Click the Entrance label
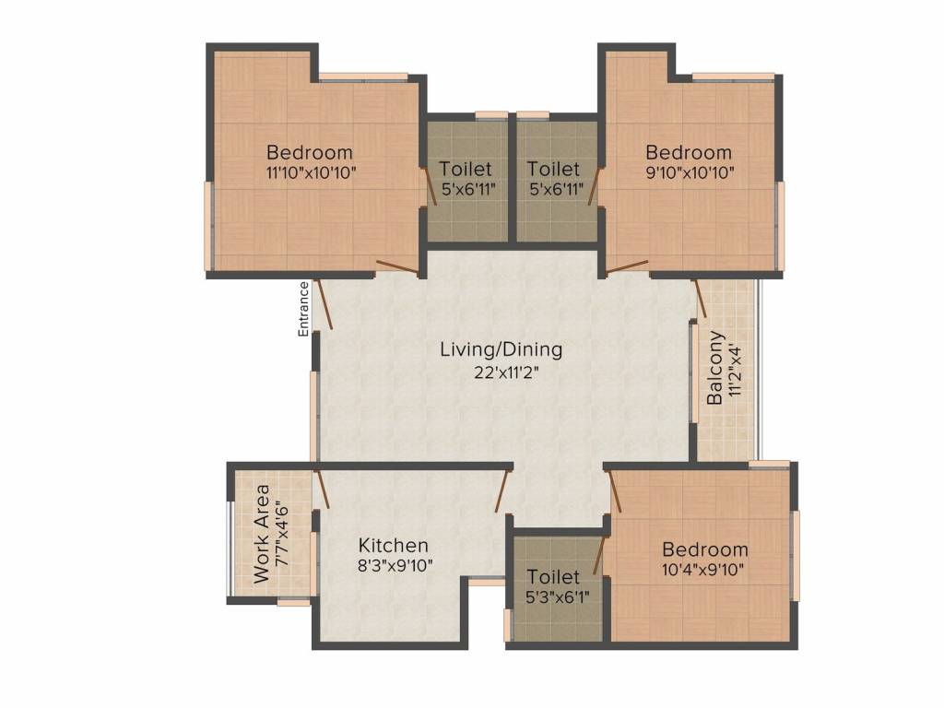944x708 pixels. [x=303, y=309]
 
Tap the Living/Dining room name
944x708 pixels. [x=501, y=349]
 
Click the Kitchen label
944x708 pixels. [x=393, y=546]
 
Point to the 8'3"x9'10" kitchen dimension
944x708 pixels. [x=395, y=567]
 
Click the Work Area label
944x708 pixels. [x=262, y=534]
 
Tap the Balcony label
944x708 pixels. [x=714, y=368]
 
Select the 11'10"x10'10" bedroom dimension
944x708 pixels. [x=312, y=173]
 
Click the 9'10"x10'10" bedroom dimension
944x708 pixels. [x=690, y=173]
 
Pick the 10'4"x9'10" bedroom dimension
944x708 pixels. [x=702, y=570]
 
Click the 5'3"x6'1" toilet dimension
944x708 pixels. [x=557, y=597]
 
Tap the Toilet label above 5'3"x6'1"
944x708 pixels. [x=553, y=577]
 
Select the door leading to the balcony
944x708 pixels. [x=701, y=299]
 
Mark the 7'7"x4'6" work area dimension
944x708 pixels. [x=282, y=534]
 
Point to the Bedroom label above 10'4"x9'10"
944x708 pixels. [x=705, y=549]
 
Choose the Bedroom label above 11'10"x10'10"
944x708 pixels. [x=310, y=152]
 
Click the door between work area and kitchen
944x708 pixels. [x=322, y=489]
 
